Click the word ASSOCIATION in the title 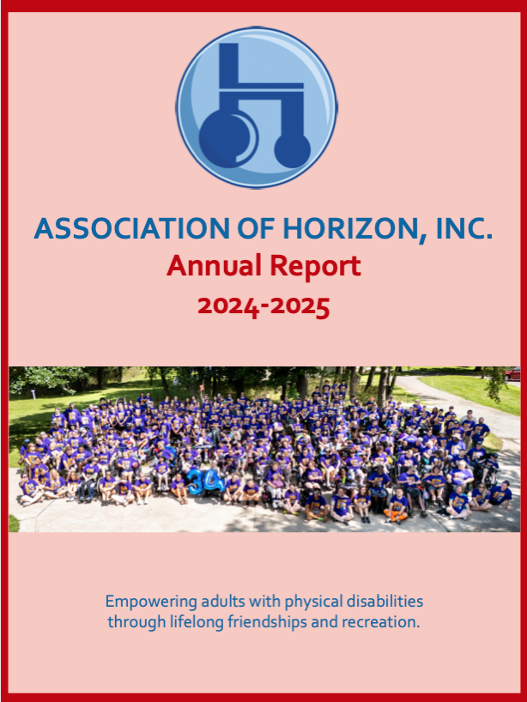point(131,229)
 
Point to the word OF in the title point(256,229)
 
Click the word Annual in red point(214,265)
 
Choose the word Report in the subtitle point(315,267)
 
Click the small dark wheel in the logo point(293,149)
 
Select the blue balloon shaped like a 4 point(215,481)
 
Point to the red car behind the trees point(512,374)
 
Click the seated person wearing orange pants point(397,507)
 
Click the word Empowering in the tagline point(151,602)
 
